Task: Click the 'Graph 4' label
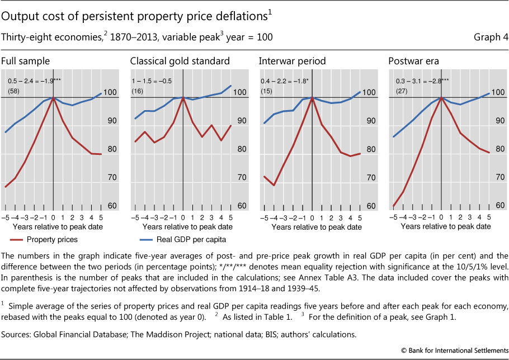pos(491,37)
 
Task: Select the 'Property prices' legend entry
pos(51,239)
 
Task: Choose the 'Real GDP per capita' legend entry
pos(177,239)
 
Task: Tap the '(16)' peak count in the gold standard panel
pos(137,91)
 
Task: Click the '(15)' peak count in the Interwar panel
pos(266,91)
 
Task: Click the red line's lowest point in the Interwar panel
pos(274,185)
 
